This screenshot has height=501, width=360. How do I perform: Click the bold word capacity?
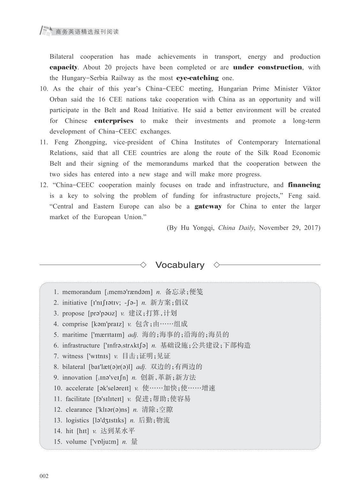point(64,67)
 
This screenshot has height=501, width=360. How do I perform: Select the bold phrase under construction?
point(267,67)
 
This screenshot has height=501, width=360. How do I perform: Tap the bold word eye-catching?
point(197,78)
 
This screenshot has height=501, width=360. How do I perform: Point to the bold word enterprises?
point(114,121)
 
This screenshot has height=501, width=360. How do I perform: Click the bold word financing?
point(304,185)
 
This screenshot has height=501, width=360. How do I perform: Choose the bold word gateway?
point(208,206)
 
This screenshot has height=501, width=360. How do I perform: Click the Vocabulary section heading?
point(180,265)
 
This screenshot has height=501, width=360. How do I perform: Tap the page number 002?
point(44,476)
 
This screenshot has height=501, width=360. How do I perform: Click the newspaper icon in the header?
point(46,31)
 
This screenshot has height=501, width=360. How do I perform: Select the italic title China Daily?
point(236,228)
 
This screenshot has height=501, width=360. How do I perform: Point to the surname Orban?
point(58,99)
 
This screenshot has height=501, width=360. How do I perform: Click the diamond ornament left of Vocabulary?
point(143,265)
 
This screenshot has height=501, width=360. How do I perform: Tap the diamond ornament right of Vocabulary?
point(217,265)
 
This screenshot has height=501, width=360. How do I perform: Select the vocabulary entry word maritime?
point(75,335)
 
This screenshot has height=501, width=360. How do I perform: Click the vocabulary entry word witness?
point(72,356)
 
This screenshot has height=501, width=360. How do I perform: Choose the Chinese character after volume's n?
point(134,442)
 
